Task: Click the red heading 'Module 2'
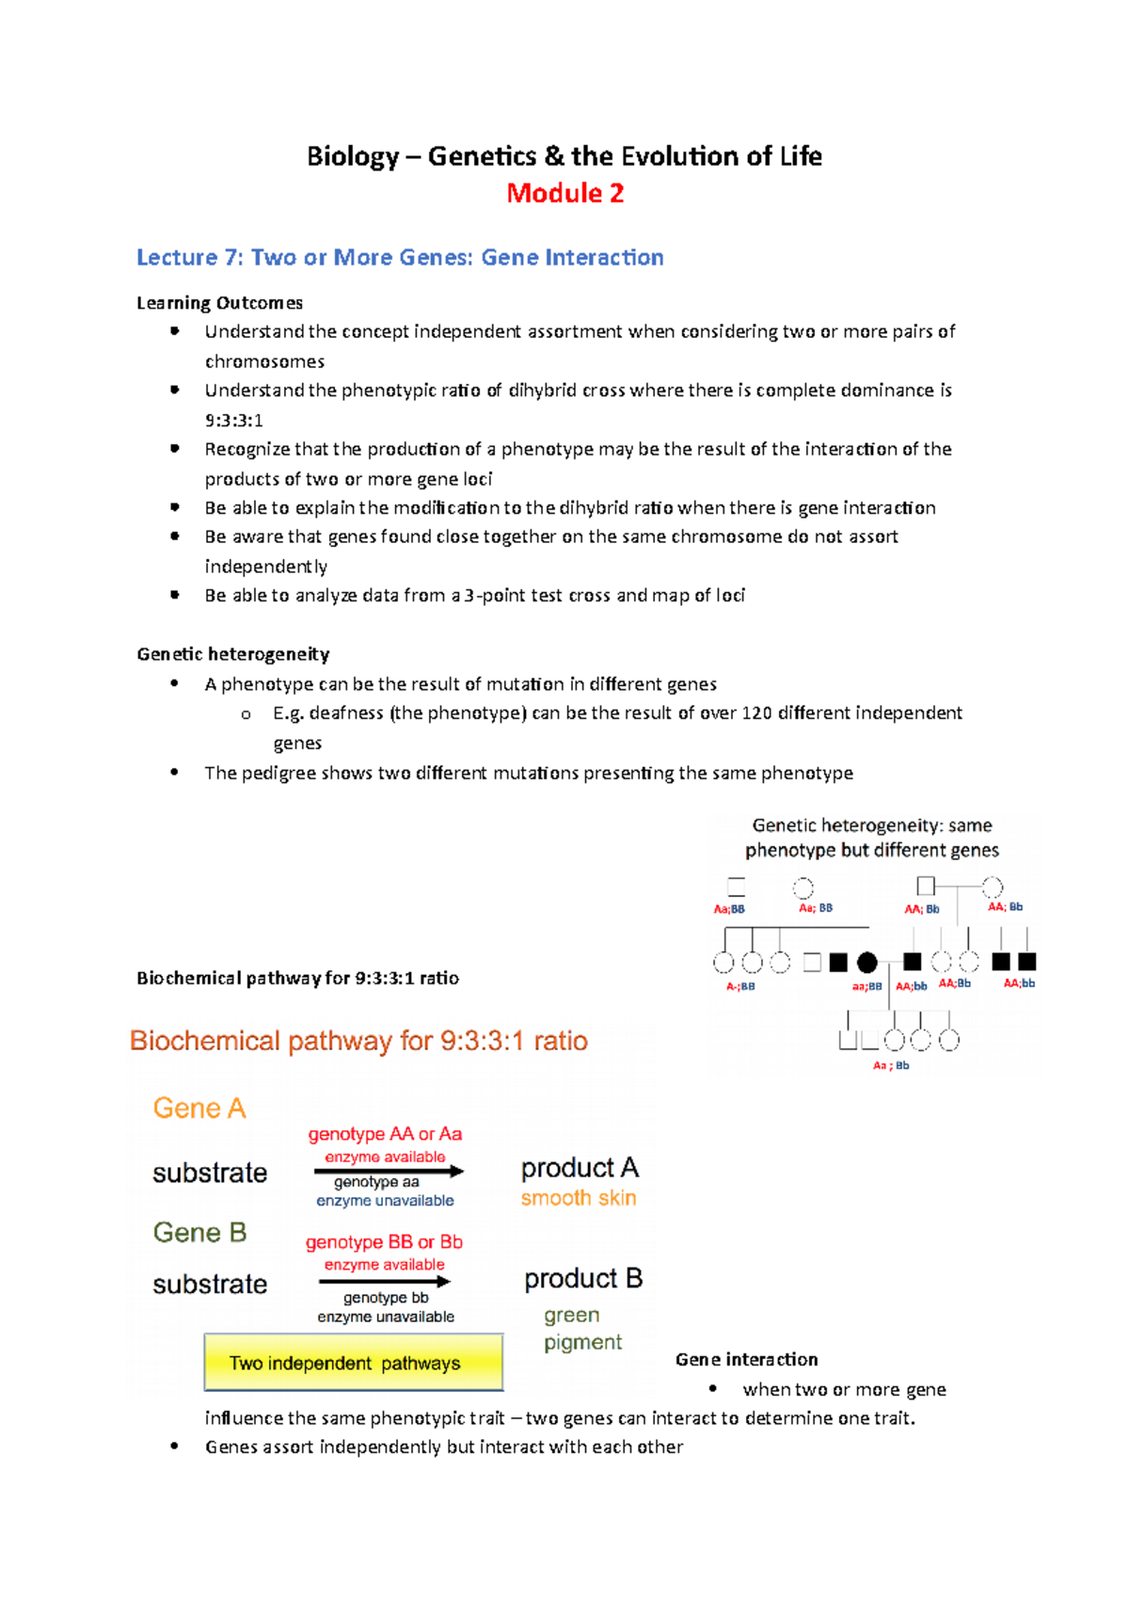(x=564, y=193)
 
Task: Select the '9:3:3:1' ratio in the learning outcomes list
(x=233, y=420)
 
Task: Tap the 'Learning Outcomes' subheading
(x=219, y=303)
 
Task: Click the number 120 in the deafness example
(x=756, y=712)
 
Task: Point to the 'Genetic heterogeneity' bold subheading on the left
(x=232, y=654)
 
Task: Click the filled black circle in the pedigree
(x=867, y=962)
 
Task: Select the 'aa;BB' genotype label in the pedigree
(x=867, y=986)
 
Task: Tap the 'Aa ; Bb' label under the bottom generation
(x=890, y=1065)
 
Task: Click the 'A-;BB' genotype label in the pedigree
(x=739, y=986)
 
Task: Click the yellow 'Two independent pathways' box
(x=354, y=1363)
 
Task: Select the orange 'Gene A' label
(x=199, y=1109)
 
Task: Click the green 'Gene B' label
(x=199, y=1233)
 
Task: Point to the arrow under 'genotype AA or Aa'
(x=388, y=1172)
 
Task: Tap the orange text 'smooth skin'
(x=579, y=1198)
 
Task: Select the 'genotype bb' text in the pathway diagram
(x=385, y=1298)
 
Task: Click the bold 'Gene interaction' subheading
(x=746, y=1359)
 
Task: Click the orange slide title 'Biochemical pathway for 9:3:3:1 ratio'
(x=358, y=1041)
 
